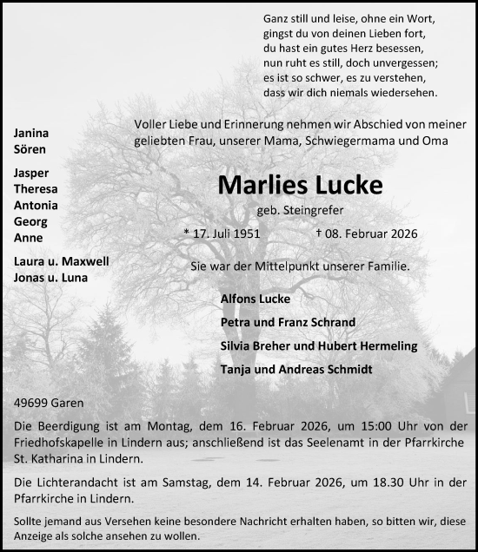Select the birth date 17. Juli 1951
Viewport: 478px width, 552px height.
tap(222, 233)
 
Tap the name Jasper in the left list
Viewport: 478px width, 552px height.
tap(31, 173)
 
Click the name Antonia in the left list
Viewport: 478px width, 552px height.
tap(36, 205)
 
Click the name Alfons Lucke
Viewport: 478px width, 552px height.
tap(256, 299)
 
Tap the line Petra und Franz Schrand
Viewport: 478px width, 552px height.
tap(288, 322)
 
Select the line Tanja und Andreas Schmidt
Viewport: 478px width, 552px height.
tap(296, 369)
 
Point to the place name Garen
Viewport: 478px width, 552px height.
tap(67, 404)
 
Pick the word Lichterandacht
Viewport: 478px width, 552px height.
tap(73, 481)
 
